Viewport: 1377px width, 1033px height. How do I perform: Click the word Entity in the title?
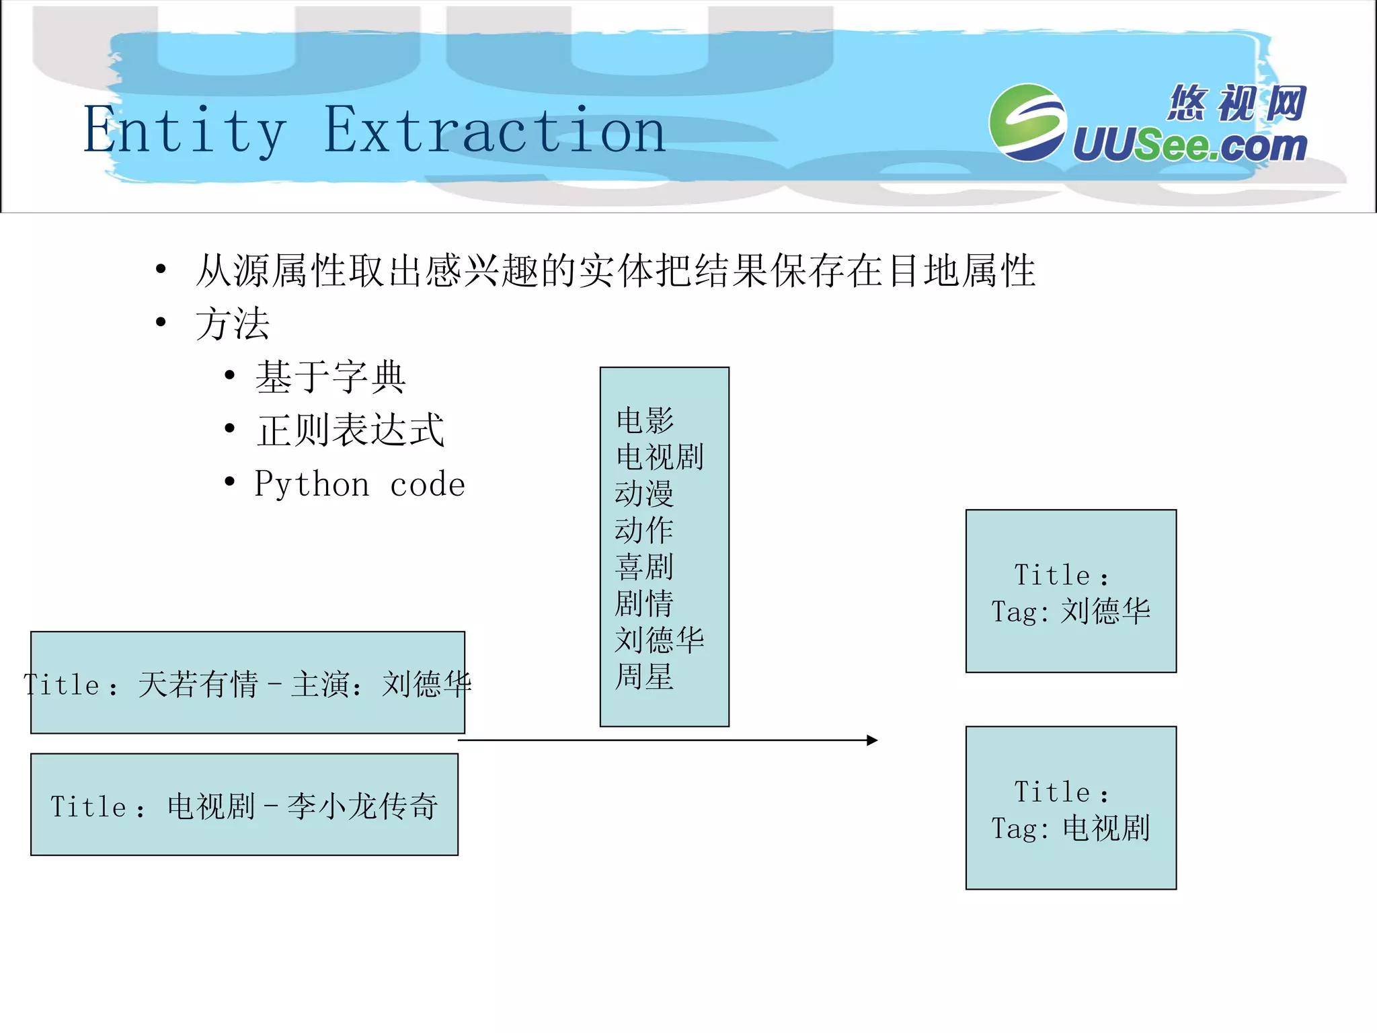[x=185, y=131]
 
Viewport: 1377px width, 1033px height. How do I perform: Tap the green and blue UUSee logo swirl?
[x=1027, y=122]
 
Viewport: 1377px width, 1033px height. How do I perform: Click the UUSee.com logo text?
[x=1190, y=145]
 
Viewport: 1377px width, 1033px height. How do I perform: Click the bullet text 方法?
[x=233, y=323]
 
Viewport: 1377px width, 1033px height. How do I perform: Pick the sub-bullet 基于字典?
[x=330, y=377]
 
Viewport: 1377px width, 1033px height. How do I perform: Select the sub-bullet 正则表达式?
[x=350, y=430]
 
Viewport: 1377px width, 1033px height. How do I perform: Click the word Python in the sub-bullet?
[x=312, y=484]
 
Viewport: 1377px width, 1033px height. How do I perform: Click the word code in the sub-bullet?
[x=428, y=485]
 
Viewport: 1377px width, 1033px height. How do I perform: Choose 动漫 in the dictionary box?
[x=644, y=494]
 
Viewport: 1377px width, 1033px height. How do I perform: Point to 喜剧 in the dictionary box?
[x=644, y=567]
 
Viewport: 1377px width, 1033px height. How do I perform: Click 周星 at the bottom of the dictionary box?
[x=644, y=677]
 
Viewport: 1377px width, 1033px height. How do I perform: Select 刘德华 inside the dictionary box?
[x=659, y=640]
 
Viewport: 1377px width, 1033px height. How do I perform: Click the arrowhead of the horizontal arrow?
[x=872, y=740]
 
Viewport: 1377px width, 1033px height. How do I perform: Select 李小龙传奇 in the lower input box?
[x=362, y=806]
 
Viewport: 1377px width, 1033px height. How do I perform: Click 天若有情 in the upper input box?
[x=198, y=685]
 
